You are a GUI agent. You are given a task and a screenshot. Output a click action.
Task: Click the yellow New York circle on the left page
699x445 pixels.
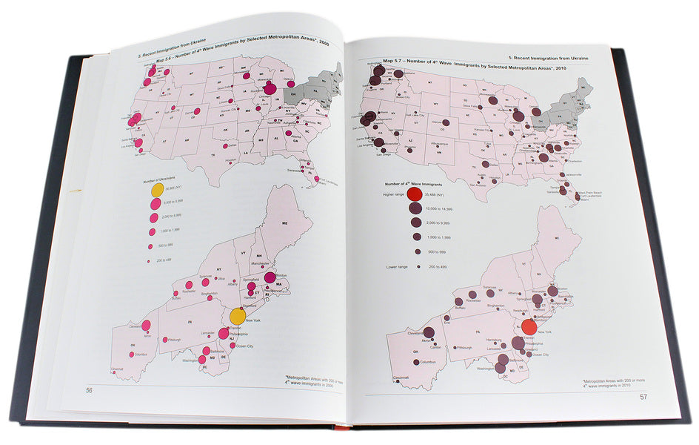(x=238, y=316)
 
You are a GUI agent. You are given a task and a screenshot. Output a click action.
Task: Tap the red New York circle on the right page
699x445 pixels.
(x=529, y=329)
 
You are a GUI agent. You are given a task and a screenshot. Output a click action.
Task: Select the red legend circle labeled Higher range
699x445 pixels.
(x=415, y=195)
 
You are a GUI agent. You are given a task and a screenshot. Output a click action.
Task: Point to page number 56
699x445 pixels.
(x=89, y=390)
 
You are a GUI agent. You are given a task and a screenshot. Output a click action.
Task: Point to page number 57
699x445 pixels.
(x=643, y=397)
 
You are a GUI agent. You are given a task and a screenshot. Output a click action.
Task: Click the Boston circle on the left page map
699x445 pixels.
(x=270, y=277)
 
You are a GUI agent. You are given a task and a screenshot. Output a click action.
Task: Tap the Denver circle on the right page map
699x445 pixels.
(x=446, y=126)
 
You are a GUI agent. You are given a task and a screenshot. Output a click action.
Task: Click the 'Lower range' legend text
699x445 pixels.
(x=397, y=266)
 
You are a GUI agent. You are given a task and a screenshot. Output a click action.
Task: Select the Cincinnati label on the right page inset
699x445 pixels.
(x=401, y=378)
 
